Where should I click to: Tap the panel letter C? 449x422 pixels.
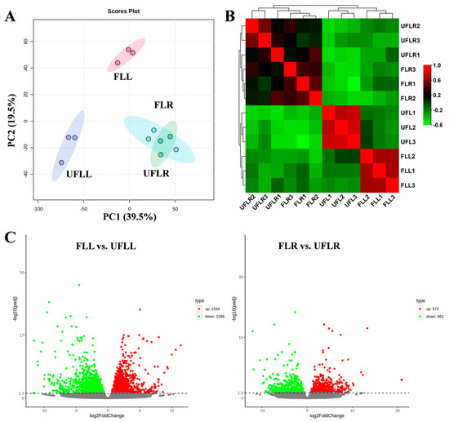coord(10,238)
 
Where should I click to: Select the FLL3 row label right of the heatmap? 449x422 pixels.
coord(420,185)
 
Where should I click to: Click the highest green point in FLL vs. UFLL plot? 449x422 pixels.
coord(79,285)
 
